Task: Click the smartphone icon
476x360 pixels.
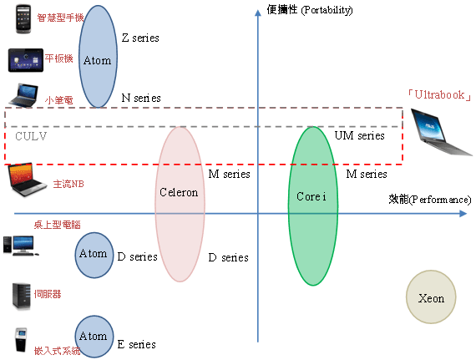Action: [23, 18]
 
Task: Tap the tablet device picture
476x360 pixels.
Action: [26, 60]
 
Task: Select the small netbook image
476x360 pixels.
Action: [23, 95]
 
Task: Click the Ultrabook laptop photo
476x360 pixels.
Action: [441, 132]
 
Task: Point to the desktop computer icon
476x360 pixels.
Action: [20, 246]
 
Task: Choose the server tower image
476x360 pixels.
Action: [21, 297]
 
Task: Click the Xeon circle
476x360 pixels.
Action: [431, 297]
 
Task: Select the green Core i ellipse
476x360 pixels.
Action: [313, 205]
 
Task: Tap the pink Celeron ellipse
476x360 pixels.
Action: [180, 204]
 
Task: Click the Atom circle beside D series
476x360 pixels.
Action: [94, 255]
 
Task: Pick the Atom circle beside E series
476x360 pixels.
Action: [94, 337]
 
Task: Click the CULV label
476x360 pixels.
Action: [31, 136]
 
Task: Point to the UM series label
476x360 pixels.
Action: [359, 135]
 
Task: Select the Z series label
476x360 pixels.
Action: [140, 38]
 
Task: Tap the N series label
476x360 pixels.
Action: [141, 98]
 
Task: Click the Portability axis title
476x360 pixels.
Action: [310, 10]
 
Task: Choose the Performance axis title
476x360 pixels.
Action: [430, 200]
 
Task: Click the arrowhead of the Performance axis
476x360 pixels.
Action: [463, 214]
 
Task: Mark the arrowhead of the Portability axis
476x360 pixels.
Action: [258, 13]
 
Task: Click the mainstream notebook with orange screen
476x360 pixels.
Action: [27, 179]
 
